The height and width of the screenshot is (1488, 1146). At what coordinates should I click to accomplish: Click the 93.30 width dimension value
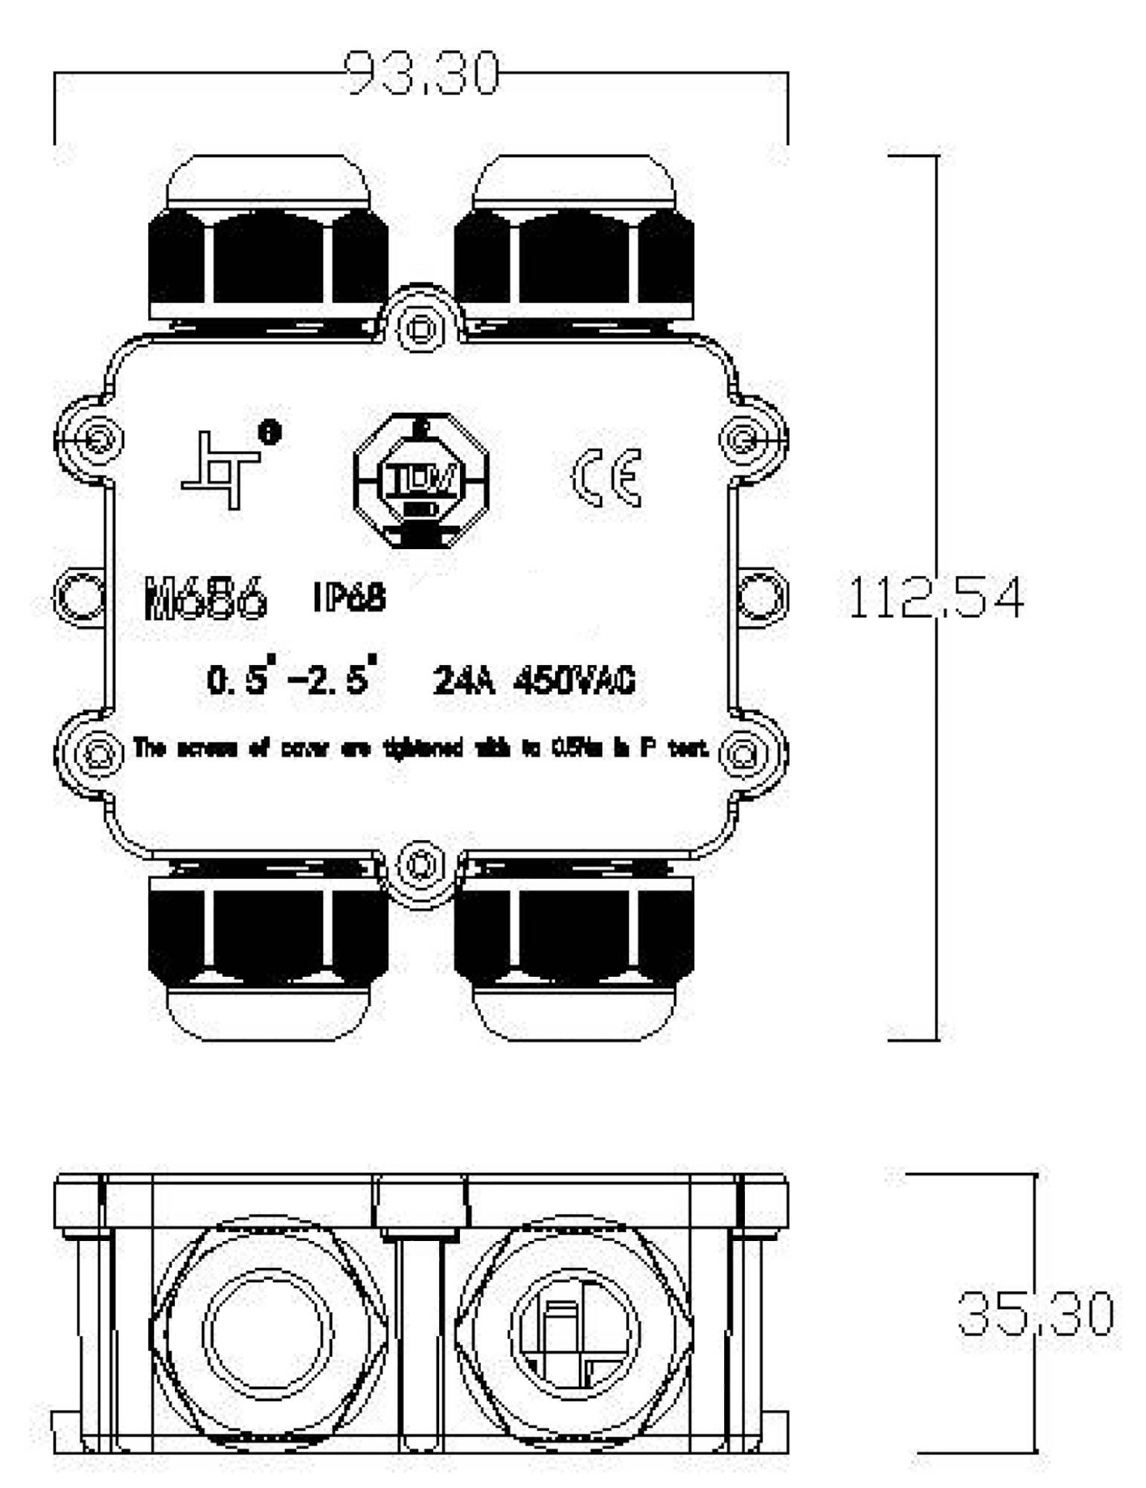click(x=423, y=74)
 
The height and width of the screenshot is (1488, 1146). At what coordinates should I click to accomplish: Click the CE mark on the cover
click(x=606, y=477)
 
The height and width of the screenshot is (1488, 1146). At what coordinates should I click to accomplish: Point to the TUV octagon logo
click(x=421, y=481)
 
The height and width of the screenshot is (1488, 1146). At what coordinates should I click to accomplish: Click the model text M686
click(x=205, y=597)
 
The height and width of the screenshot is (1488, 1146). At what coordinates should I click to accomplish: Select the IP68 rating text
click(x=349, y=597)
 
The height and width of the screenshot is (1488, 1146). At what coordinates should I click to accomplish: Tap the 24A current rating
click(x=464, y=680)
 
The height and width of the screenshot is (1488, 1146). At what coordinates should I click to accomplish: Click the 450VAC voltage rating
click(x=574, y=680)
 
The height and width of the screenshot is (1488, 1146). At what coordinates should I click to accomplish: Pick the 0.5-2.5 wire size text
click(x=290, y=679)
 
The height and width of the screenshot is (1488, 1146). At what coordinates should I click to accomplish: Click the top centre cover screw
click(x=421, y=326)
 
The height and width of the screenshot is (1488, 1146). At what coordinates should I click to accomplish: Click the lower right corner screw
click(x=740, y=754)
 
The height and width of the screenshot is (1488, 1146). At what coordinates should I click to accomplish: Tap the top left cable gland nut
click(x=268, y=257)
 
